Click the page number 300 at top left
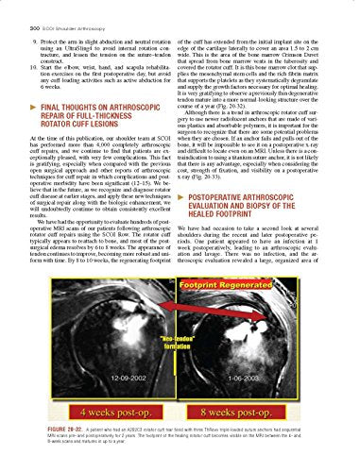click(16, 8)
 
